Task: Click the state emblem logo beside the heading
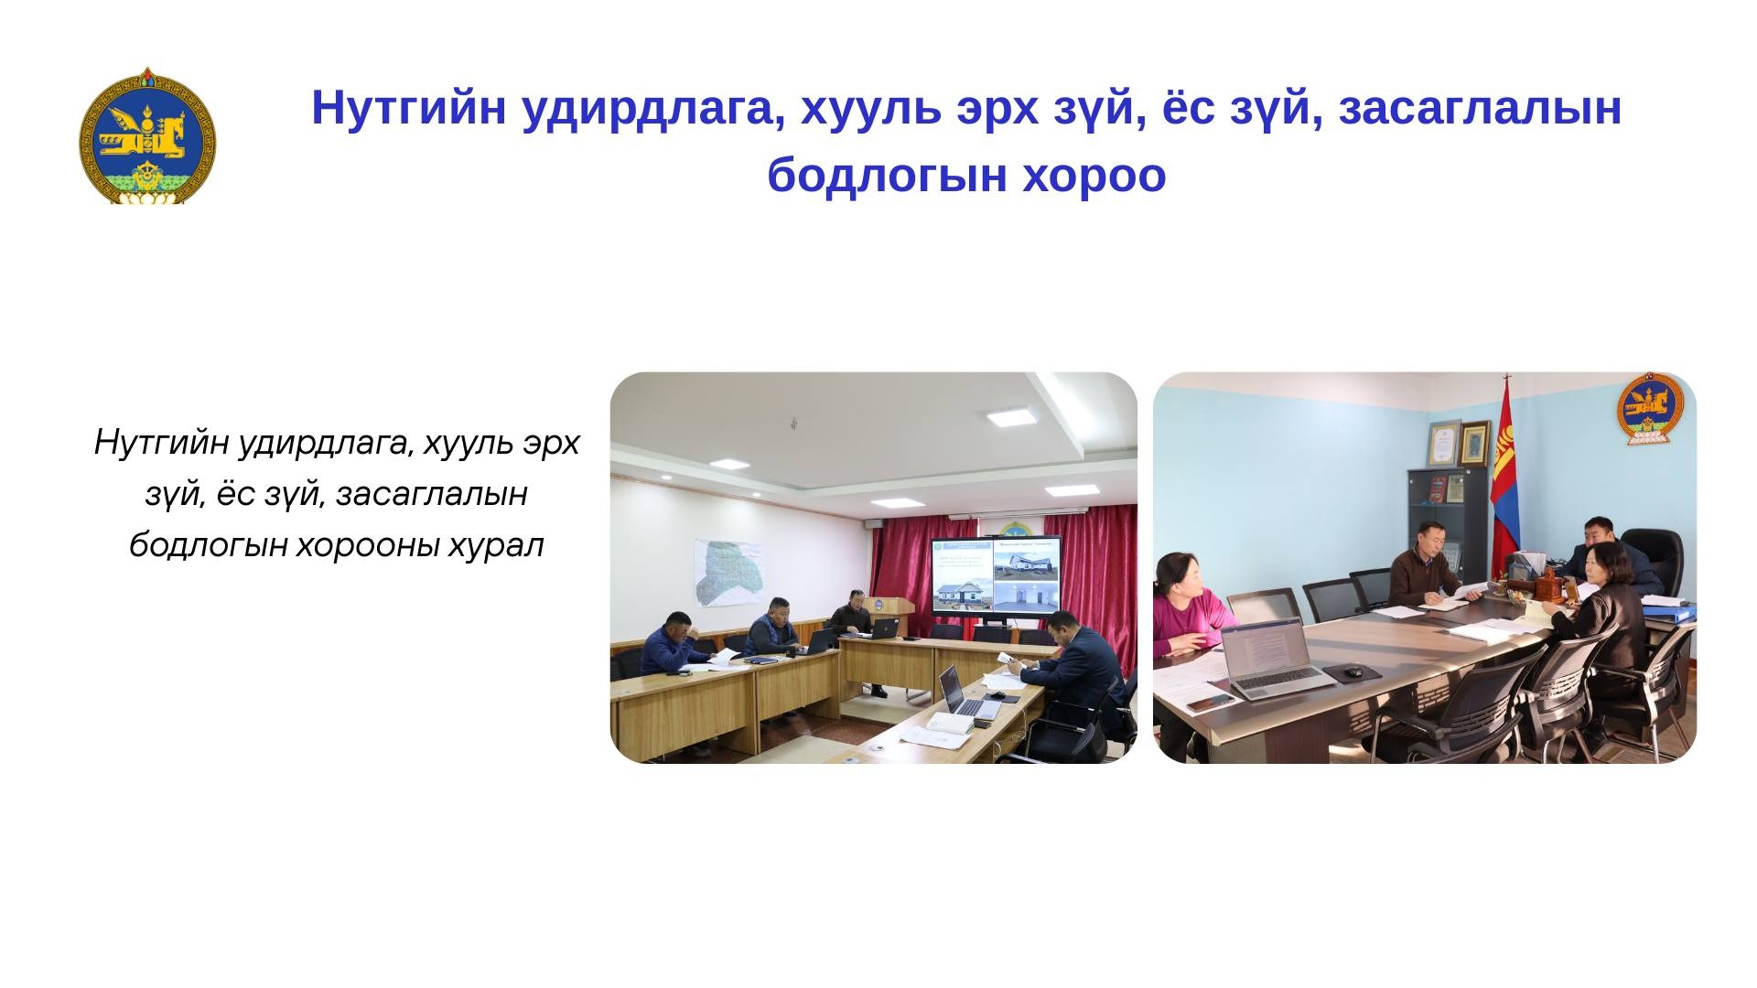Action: coord(146,135)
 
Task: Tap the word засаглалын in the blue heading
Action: coord(1480,108)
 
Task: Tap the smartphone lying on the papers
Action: coord(1211,701)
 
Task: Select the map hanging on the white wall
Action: coord(729,572)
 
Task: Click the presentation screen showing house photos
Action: coord(997,575)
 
